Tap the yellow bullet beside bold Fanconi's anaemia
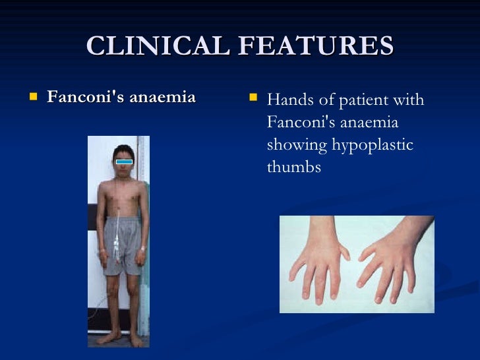click(x=34, y=98)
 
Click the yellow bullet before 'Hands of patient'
click(x=253, y=100)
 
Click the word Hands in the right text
click(x=289, y=100)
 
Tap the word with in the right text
click(x=409, y=100)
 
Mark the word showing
click(x=293, y=145)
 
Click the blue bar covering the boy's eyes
click(x=124, y=161)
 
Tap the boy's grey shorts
click(x=123, y=244)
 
